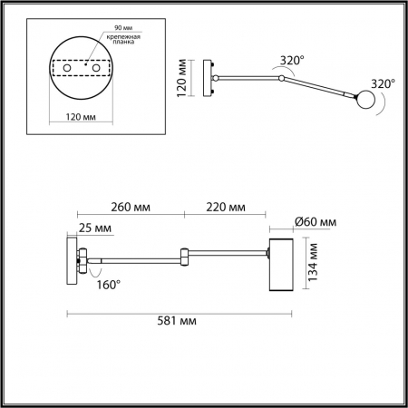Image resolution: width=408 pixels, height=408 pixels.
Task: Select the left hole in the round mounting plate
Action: point(65,67)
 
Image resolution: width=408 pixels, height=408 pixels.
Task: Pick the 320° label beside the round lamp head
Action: point(384,83)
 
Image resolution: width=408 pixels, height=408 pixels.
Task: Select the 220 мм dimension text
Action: point(226,208)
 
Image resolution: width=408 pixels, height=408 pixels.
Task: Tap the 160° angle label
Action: point(108,284)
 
